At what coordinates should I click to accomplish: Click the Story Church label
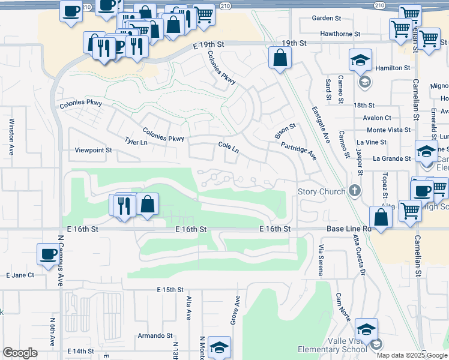[322, 191]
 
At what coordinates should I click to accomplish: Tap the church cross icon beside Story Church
[354, 191]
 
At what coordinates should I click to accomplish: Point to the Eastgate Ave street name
[321, 125]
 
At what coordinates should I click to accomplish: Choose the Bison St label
[285, 131]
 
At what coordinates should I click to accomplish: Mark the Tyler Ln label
[136, 141]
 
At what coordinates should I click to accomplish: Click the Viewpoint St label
[93, 150]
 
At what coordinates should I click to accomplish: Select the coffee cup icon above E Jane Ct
[47, 253]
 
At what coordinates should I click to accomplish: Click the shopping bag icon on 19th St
[280, 58]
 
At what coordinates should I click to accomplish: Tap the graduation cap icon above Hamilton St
[360, 60]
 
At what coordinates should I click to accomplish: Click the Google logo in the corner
[20, 353]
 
